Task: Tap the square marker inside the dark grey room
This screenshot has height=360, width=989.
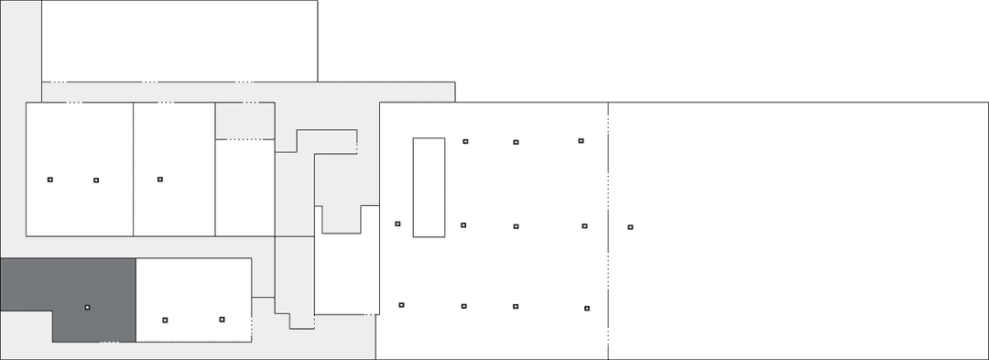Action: tap(87, 307)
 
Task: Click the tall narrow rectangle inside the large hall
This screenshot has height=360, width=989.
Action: tap(429, 187)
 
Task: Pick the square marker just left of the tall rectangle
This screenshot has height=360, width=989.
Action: tap(397, 224)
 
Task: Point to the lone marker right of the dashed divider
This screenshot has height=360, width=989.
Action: tap(630, 226)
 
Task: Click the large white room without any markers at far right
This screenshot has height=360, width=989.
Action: tap(797, 229)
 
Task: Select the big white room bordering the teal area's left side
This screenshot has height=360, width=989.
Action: tap(179, 41)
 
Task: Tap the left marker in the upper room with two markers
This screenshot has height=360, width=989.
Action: tap(50, 179)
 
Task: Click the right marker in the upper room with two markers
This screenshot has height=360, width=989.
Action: tap(96, 180)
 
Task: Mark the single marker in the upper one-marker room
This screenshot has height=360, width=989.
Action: tap(159, 179)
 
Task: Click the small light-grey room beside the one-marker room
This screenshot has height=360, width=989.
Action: tap(245, 120)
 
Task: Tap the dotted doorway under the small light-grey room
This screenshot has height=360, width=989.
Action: tap(244, 139)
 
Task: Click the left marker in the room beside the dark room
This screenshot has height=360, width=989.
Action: tap(165, 320)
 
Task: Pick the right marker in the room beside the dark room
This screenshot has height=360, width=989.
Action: tap(222, 319)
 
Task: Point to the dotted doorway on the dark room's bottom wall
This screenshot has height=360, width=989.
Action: tap(109, 343)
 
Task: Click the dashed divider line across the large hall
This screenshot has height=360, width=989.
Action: tap(607, 229)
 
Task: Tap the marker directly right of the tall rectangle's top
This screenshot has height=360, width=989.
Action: tap(465, 141)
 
